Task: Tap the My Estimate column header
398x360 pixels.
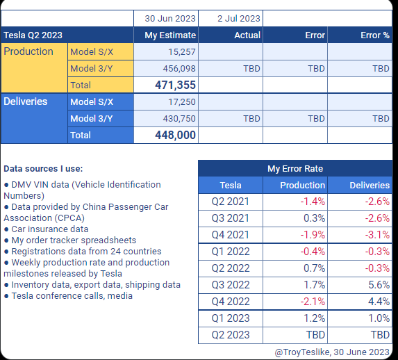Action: click(x=170, y=35)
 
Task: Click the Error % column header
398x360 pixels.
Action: click(x=375, y=35)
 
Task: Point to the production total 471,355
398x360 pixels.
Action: click(x=176, y=85)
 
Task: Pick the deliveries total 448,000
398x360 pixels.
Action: click(x=176, y=135)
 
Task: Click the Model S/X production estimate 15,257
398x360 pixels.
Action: click(x=182, y=52)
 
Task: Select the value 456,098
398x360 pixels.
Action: click(x=179, y=69)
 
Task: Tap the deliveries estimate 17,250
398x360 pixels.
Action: click(x=182, y=102)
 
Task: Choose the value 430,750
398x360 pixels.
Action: click(x=179, y=119)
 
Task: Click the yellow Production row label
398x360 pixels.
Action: click(x=28, y=51)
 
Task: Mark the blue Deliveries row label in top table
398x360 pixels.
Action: click(x=26, y=101)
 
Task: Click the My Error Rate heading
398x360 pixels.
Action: click(x=295, y=168)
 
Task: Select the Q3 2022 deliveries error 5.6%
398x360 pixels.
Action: click(x=379, y=285)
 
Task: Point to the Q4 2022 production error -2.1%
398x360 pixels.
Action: click(x=313, y=302)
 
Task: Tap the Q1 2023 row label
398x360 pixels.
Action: click(x=231, y=318)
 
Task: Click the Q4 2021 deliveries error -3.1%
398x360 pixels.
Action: click(x=377, y=235)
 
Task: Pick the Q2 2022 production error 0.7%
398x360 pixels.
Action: click(x=314, y=268)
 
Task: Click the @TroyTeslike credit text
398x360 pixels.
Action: click(x=332, y=352)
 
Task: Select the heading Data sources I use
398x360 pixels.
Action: click(x=43, y=168)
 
